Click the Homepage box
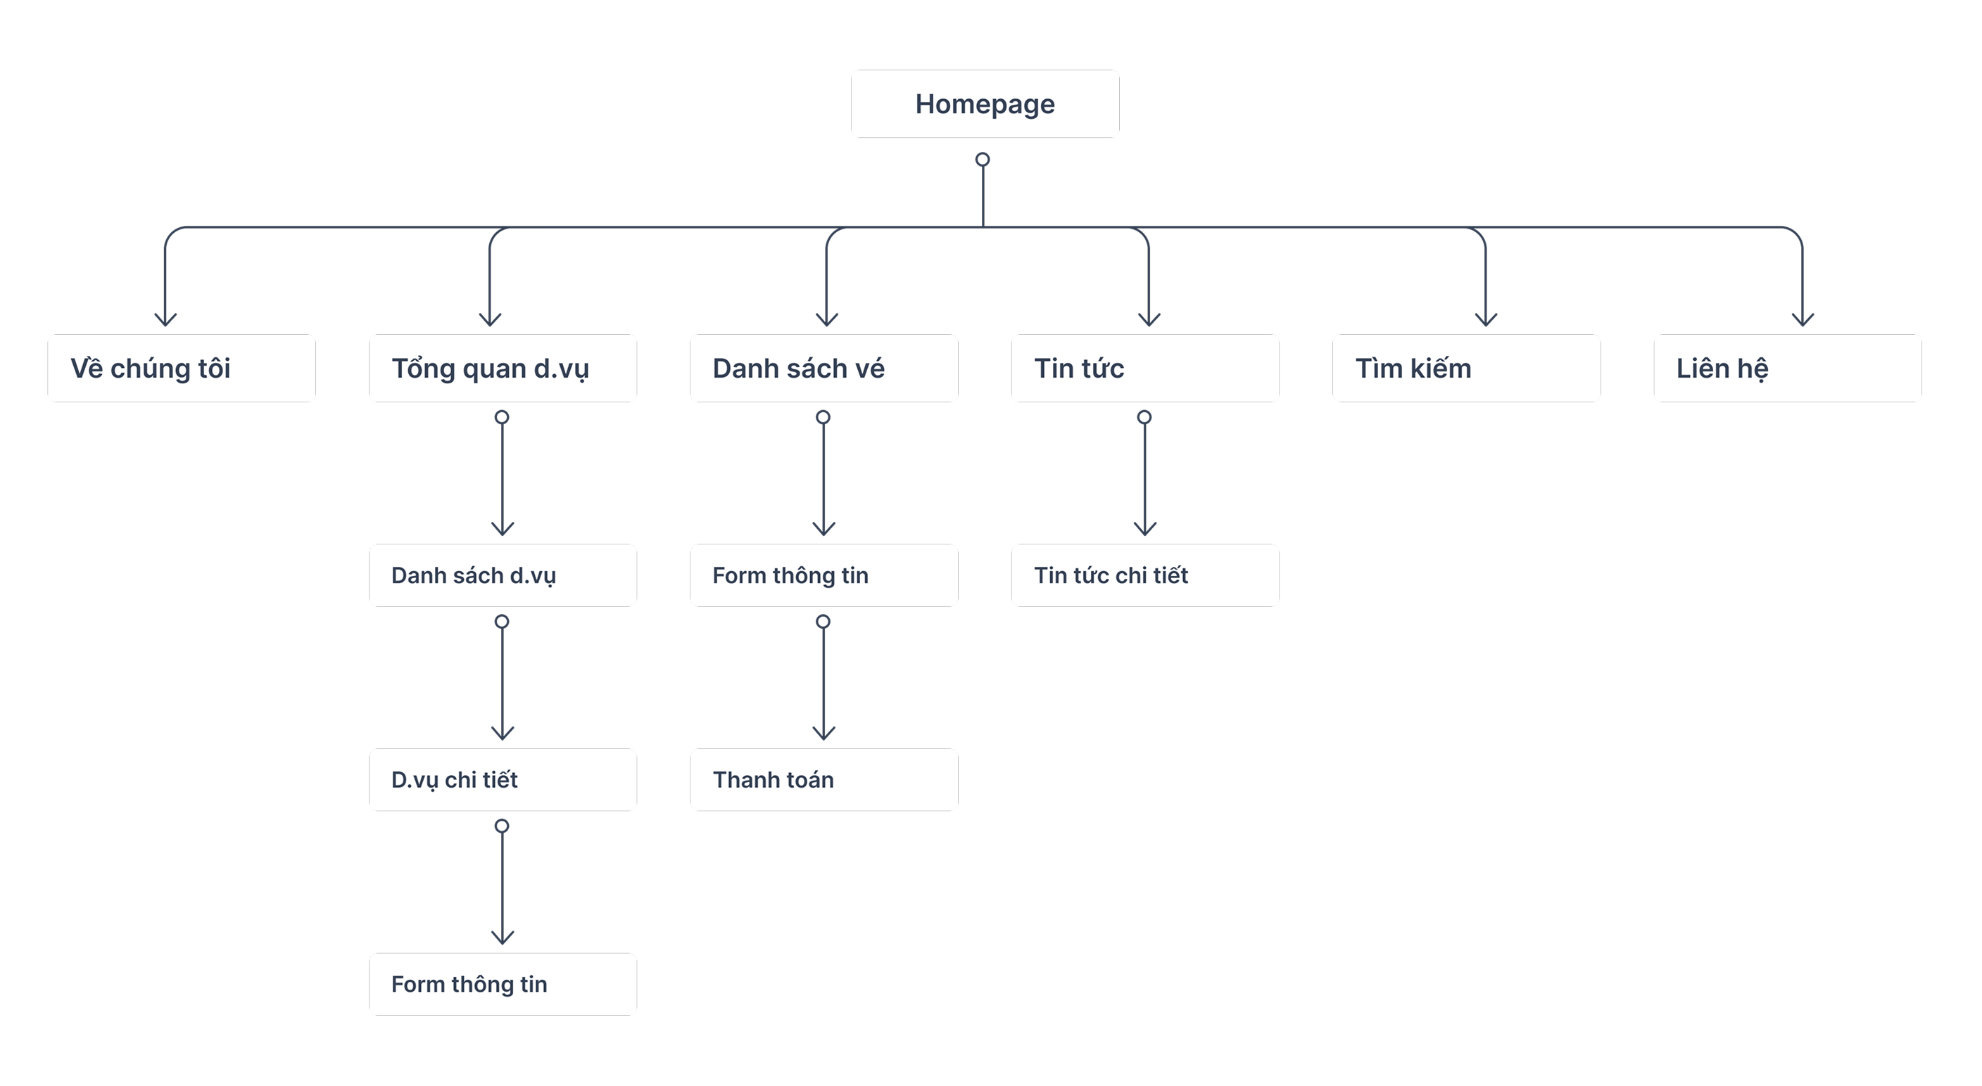tap(985, 104)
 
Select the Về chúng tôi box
tap(182, 369)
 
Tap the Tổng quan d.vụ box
tap(503, 369)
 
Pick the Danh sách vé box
tap(824, 369)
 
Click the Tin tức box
tap(1145, 369)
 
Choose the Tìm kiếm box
tap(1467, 369)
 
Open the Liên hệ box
tap(1787, 369)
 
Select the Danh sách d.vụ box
tap(503, 575)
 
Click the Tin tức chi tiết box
tap(1145, 575)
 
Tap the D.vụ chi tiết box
tap(503, 780)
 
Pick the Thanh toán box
tap(824, 780)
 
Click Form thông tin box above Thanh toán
tap(824, 575)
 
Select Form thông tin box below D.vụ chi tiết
tap(503, 985)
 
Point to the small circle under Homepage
tap(983, 160)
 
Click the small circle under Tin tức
tap(1144, 418)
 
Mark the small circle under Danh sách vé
tap(823, 418)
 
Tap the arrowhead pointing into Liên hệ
tap(1803, 319)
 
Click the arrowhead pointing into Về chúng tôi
tap(165, 319)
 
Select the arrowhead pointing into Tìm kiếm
tap(1486, 319)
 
